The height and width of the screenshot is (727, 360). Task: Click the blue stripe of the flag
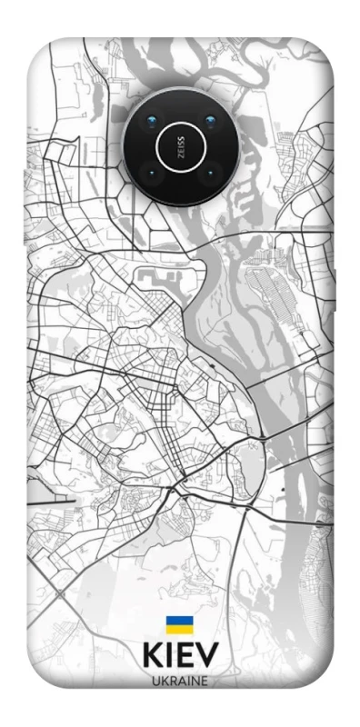[179, 621]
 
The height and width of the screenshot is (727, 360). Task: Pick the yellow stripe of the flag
[179, 629]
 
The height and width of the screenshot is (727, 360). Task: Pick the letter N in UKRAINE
[195, 681]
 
